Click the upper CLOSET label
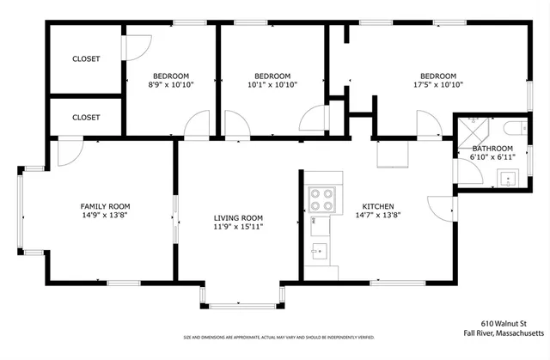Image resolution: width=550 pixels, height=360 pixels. pos(86,59)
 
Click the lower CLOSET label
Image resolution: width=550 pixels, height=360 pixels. pos(86,117)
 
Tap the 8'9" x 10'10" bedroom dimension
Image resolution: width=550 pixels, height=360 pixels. pos(170,85)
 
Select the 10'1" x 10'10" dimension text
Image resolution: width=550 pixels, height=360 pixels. pos(272,85)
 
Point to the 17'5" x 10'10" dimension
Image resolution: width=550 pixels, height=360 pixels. pos(437,85)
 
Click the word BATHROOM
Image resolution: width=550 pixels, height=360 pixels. pos(492,149)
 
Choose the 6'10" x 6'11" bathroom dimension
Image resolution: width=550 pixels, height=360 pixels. pos(492,158)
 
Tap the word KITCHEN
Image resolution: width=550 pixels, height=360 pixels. pos(377,206)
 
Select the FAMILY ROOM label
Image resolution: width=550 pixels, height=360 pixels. pos(105,206)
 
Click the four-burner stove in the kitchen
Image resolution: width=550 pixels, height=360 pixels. pos(324,199)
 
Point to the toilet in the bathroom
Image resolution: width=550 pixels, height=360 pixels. pos(514,129)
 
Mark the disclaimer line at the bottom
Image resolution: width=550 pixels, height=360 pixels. pos(274,337)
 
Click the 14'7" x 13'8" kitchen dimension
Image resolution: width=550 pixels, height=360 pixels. pos(377,217)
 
